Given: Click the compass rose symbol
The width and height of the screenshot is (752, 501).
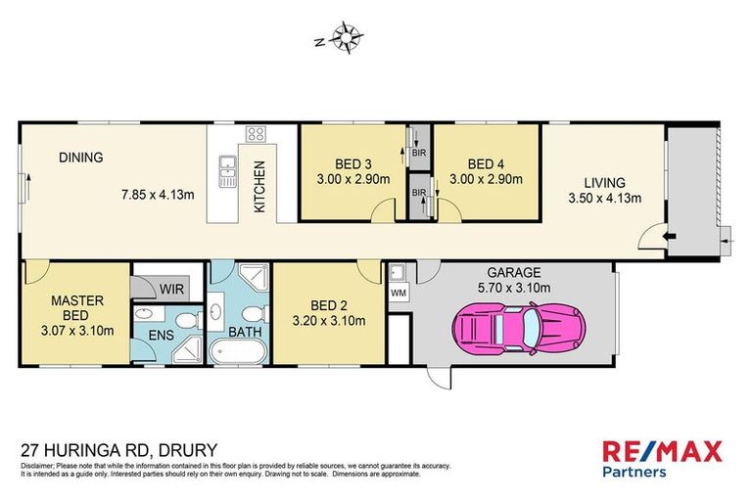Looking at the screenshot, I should click(347, 38).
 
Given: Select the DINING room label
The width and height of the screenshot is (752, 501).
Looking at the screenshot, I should click(80, 157).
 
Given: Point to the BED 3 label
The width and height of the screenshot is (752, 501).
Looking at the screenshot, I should click(353, 164).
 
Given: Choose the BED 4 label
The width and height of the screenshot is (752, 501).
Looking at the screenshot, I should click(486, 164).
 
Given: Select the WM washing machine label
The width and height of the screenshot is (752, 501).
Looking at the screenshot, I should click(398, 293).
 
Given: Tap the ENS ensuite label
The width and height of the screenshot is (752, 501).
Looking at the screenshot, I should click(161, 336).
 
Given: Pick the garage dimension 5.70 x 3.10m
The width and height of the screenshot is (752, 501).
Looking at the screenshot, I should click(516, 288).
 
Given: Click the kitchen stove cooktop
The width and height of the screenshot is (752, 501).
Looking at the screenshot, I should click(257, 135).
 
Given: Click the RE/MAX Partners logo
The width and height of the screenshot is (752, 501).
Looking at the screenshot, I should click(661, 458).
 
